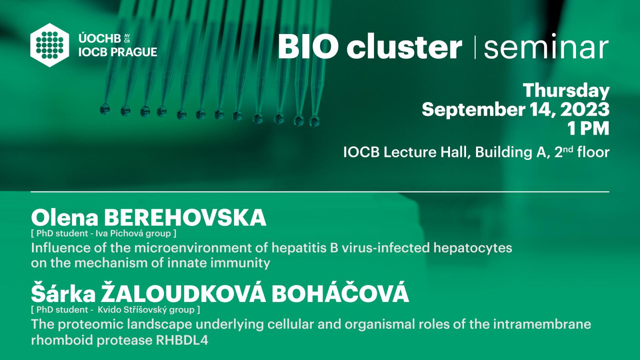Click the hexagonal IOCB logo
coord(50,45)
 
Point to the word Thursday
coord(566,90)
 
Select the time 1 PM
coord(588,128)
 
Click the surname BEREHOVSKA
coord(185,218)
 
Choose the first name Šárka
coord(63,294)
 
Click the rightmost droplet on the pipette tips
coord(314,121)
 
